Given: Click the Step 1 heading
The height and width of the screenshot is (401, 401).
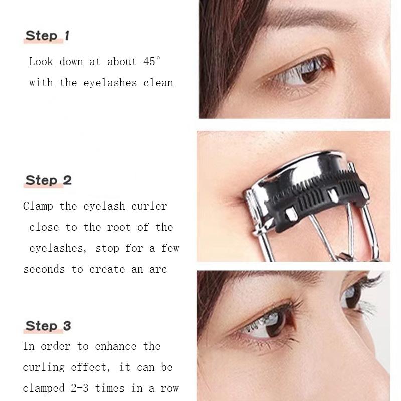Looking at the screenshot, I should [47, 36].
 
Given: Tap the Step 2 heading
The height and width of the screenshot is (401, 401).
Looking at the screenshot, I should [48, 180].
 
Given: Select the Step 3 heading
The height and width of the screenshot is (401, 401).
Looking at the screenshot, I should [48, 326].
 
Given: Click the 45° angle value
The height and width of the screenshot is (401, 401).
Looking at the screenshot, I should [151, 62].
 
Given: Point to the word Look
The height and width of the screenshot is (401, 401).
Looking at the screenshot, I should [41, 62].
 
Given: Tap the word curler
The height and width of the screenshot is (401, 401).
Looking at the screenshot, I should [149, 206].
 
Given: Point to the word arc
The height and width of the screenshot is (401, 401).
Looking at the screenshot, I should [157, 269].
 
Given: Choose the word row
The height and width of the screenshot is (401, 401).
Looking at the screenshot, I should [169, 388].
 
